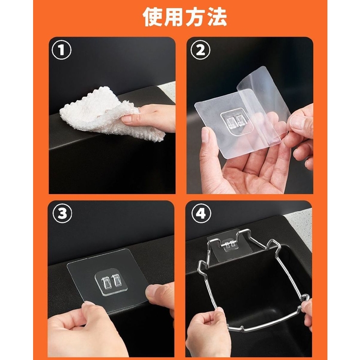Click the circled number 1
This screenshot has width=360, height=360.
click(61, 50)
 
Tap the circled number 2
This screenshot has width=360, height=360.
click(199, 50)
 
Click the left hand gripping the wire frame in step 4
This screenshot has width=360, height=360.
click(207, 331)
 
